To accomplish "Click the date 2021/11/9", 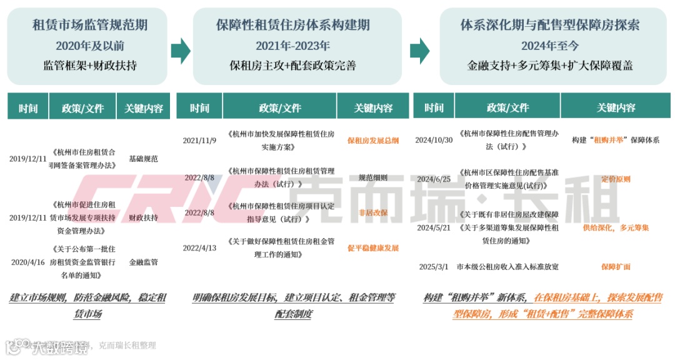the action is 199,141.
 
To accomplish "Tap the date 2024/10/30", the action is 433,141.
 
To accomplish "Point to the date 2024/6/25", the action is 434,179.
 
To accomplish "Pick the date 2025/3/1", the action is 434,267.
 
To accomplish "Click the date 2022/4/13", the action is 199,248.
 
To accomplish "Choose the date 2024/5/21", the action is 434,227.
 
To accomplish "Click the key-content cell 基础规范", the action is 143,159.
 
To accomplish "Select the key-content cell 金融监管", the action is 143,262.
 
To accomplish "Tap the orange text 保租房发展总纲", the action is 373,141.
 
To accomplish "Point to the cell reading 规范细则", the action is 373,177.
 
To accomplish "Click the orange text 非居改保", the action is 373,213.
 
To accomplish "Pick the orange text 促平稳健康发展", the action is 373,248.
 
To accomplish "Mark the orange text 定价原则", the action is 616,179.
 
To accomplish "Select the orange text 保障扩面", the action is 616,267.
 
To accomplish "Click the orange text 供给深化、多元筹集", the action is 616,227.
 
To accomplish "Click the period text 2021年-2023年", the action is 292,46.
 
